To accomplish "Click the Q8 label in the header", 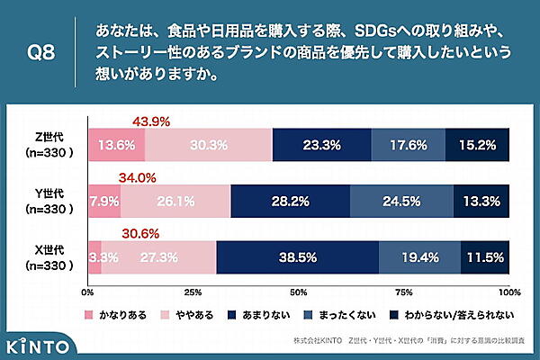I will [39, 51].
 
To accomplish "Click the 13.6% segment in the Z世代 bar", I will [116, 144].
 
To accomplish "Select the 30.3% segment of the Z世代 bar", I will [208, 144].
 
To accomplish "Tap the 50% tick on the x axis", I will [299, 292].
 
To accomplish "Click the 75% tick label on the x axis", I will [404, 292].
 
